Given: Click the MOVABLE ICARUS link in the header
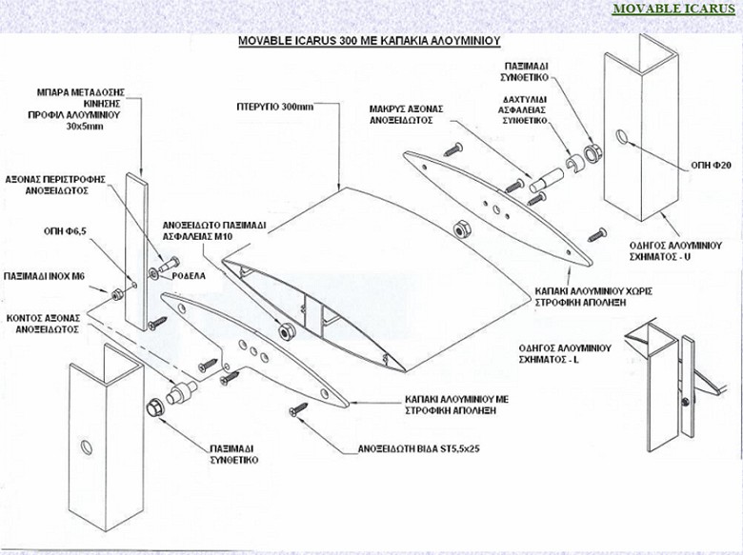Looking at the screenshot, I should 673,10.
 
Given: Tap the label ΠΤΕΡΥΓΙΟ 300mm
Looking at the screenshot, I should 274,107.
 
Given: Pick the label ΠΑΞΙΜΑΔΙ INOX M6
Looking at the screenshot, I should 46,274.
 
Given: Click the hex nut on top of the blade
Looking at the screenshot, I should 457,228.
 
